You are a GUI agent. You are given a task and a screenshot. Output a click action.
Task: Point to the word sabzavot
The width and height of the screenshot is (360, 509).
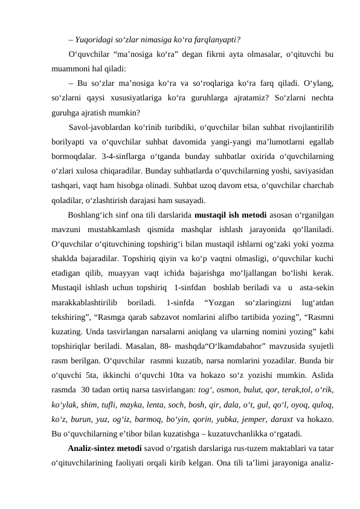point(150,302)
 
